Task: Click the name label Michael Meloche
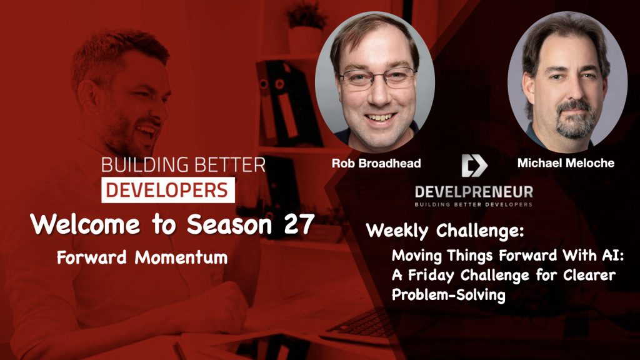click(x=566, y=163)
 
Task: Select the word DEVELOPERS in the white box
click(x=168, y=190)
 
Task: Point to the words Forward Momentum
click(x=142, y=257)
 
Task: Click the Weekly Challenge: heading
click(x=444, y=230)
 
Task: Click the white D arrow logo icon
click(x=473, y=165)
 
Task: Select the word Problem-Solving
click(x=448, y=296)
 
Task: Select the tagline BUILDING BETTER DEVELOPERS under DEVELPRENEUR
click(x=473, y=204)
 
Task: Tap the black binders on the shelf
click(x=281, y=100)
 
